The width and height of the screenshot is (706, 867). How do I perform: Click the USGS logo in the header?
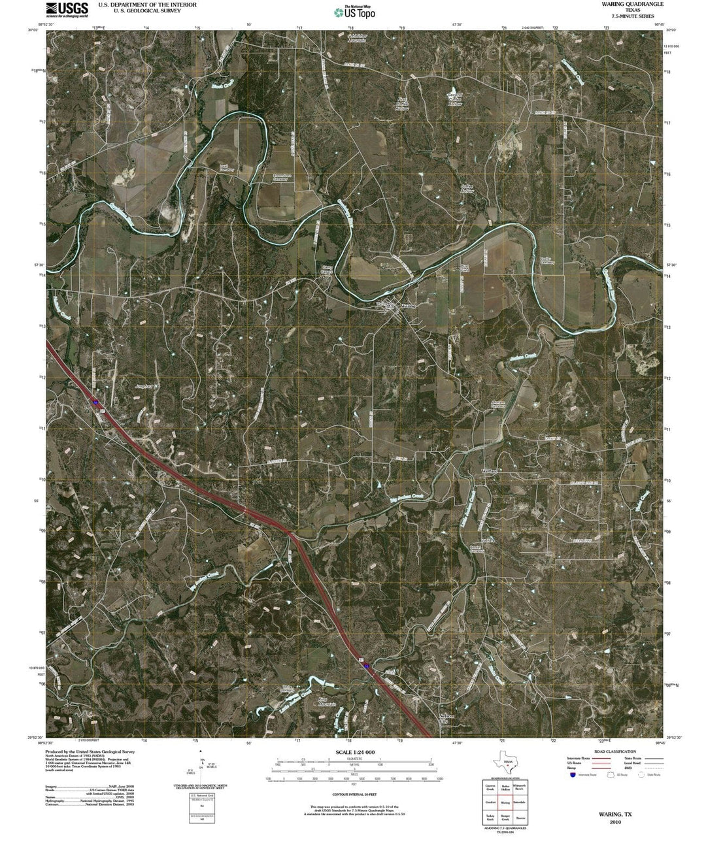point(67,8)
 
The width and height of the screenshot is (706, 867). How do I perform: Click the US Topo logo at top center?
point(355,12)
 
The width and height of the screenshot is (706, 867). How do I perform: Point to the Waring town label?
point(407,306)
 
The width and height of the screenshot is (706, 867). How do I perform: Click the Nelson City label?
point(447,717)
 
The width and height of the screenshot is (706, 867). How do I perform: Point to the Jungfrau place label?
point(143,387)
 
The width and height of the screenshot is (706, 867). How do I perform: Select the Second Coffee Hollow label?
point(455,99)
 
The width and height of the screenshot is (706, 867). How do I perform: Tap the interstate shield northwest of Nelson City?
point(368,666)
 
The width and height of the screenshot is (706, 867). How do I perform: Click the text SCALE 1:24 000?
point(355,752)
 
